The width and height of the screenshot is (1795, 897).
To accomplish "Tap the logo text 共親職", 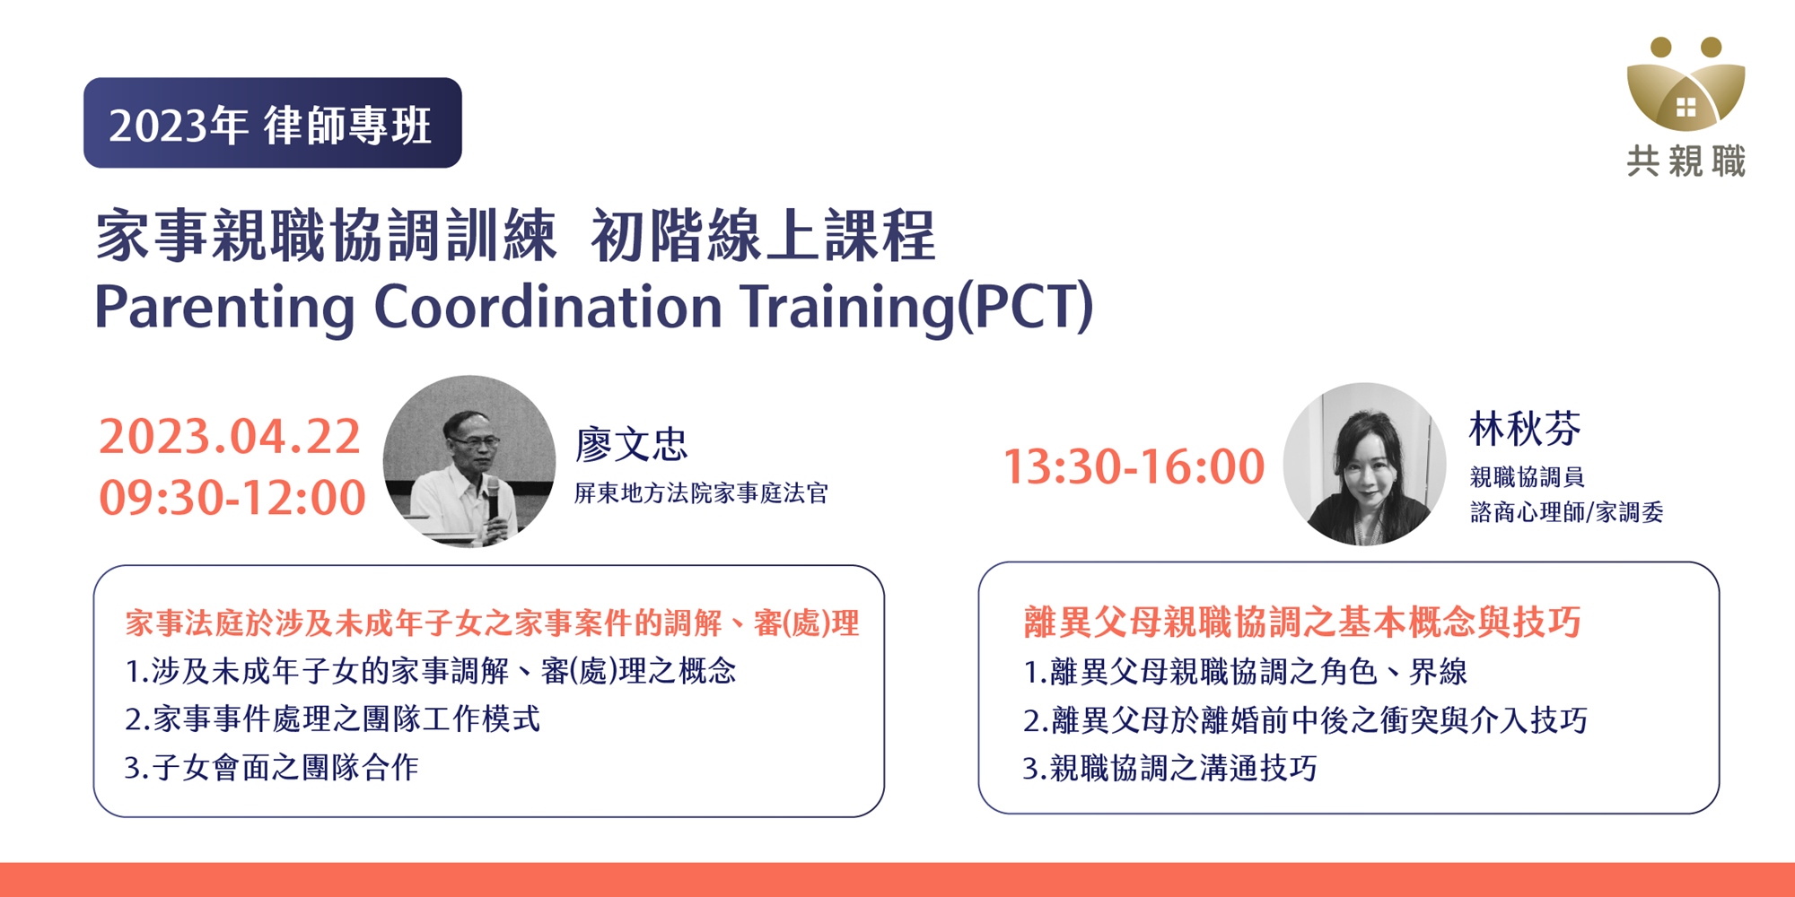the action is pyautogui.click(x=1686, y=161).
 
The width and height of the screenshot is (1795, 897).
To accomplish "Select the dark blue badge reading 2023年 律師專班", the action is pyautogui.click(x=273, y=123).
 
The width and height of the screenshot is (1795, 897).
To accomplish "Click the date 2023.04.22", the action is pyautogui.click(x=230, y=437).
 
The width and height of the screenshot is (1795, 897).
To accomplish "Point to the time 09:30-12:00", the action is pyautogui.click(x=232, y=498).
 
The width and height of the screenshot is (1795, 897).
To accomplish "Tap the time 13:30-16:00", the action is pyautogui.click(x=1134, y=467).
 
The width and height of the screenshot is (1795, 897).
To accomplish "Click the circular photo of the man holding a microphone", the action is pyautogui.click(x=469, y=461).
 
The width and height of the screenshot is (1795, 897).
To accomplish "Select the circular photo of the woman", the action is pyautogui.click(x=1364, y=464).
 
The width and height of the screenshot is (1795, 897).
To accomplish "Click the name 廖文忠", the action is pyautogui.click(x=631, y=444).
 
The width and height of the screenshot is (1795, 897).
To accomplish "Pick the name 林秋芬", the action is pyautogui.click(x=1525, y=429).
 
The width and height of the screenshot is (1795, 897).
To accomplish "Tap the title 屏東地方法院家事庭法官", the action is pyautogui.click(x=701, y=493).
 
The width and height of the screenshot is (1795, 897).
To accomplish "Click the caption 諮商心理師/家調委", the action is pyautogui.click(x=1567, y=512).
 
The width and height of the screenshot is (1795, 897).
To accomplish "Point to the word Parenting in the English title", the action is pyautogui.click(x=224, y=308).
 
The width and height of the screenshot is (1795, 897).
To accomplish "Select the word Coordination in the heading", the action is pyautogui.click(x=547, y=306).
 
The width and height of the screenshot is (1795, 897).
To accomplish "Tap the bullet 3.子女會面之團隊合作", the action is pyautogui.click(x=271, y=767).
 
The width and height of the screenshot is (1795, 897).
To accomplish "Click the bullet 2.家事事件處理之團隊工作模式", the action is pyautogui.click(x=332, y=718).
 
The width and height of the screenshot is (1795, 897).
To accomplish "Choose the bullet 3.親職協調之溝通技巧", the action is pyautogui.click(x=1169, y=768).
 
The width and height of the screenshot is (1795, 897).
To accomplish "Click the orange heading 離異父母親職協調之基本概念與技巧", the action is pyautogui.click(x=1302, y=622).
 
